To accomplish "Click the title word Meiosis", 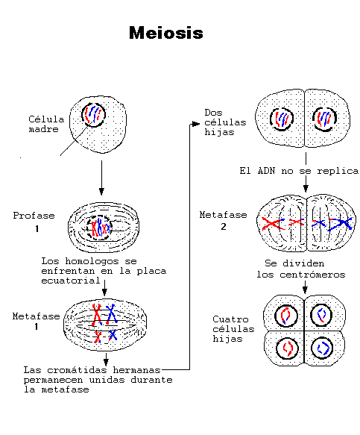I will coord(165,34).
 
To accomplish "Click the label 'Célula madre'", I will coord(46,124).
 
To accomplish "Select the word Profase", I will coord(34,216).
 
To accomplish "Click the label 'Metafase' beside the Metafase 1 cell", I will coord(36,316).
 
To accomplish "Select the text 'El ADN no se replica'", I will coord(299,171).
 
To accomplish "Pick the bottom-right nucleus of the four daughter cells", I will coord(323,347).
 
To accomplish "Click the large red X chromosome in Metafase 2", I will coord(271,222).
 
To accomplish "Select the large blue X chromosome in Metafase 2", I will coord(342,222).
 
